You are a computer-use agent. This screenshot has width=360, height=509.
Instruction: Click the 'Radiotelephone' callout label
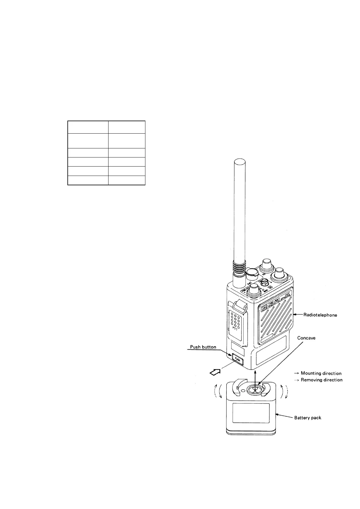pyautogui.click(x=320, y=315)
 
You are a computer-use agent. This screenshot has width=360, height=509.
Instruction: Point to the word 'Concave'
pyautogui.click(x=306, y=338)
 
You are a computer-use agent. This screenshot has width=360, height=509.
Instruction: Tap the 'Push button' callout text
pyautogui.click(x=203, y=347)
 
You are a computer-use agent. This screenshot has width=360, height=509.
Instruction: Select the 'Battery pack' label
pyautogui.click(x=308, y=418)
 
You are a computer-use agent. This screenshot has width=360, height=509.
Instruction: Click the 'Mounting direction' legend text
pyautogui.click(x=321, y=373)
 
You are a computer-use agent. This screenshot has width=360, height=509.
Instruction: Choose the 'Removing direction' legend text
pyautogui.click(x=322, y=380)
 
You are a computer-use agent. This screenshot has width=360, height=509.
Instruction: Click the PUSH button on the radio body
pyautogui.click(x=237, y=360)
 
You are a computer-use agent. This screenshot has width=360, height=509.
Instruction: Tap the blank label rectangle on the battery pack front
pyautogui.click(x=251, y=413)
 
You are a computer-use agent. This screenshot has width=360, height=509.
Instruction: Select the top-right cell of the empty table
pyautogui.click(x=127, y=127)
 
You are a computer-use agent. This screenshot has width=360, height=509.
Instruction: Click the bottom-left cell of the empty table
pyautogui.click(x=88, y=180)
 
